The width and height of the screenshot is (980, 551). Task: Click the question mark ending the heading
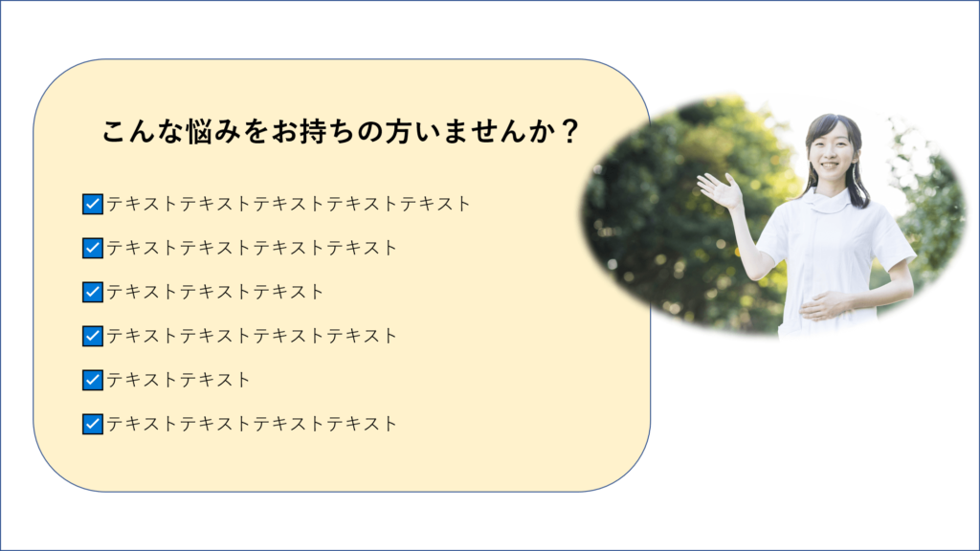(569, 132)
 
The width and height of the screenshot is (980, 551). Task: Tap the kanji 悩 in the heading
(200, 132)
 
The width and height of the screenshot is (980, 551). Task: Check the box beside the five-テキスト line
(93, 204)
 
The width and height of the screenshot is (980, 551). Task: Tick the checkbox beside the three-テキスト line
(93, 292)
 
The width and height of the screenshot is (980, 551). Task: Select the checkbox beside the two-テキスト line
(93, 380)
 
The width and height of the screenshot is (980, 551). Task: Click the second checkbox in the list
(93, 248)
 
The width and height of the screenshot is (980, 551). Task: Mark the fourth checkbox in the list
(93, 336)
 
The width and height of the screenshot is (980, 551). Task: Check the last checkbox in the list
(93, 424)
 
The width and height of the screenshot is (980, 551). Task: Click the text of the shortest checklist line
(179, 380)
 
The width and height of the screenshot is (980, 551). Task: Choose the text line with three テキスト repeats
(215, 292)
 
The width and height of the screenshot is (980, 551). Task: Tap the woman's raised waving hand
(720, 190)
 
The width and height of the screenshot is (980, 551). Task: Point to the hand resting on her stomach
(823, 305)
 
